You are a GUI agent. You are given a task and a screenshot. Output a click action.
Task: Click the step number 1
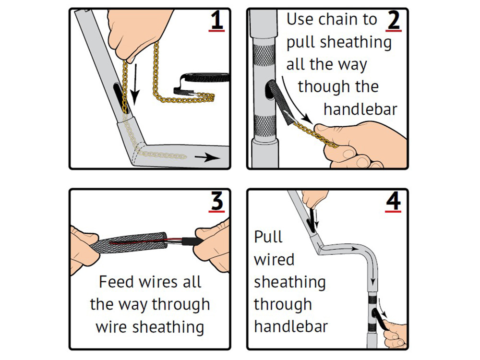click(x=217, y=21)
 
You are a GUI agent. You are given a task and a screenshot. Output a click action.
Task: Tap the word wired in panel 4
click(x=274, y=260)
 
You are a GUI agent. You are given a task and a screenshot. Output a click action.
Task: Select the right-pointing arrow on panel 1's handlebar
click(x=205, y=158)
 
